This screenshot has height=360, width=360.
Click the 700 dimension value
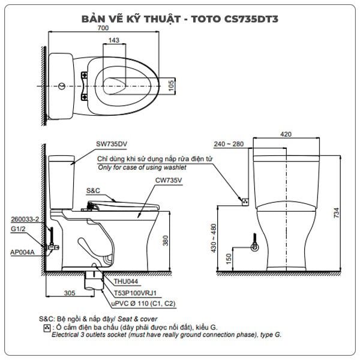(x=103, y=28)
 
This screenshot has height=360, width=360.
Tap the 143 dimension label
(x=114, y=40)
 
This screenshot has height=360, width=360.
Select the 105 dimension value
(x=171, y=85)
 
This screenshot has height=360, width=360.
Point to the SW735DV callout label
(x=112, y=144)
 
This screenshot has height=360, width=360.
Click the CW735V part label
(x=169, y=180)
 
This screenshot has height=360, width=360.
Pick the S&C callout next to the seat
(x=93, y=191)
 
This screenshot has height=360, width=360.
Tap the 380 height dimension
(x=166, y=241)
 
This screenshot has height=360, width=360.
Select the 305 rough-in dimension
(x=70, y=293)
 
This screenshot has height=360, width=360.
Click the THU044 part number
(x=126, y=281)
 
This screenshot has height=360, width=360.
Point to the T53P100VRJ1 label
(x=135, y=293)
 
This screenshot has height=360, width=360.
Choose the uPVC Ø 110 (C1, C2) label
(x=143, y=304)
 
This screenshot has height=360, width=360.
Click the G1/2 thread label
(x=18, y=229)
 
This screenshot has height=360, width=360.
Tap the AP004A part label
(x=23, y=252)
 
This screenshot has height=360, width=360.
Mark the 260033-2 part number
(x=25, y=219)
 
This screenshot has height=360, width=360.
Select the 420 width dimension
(x=286, y=134)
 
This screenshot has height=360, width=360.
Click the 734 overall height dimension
(x=337, y=213)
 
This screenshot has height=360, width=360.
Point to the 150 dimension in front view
(x=229, y=259)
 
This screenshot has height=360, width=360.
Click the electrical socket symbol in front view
(x=245, y=202)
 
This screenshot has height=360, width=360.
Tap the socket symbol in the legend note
(x=47, y=328)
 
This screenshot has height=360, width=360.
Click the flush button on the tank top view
(x=62, y=86)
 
